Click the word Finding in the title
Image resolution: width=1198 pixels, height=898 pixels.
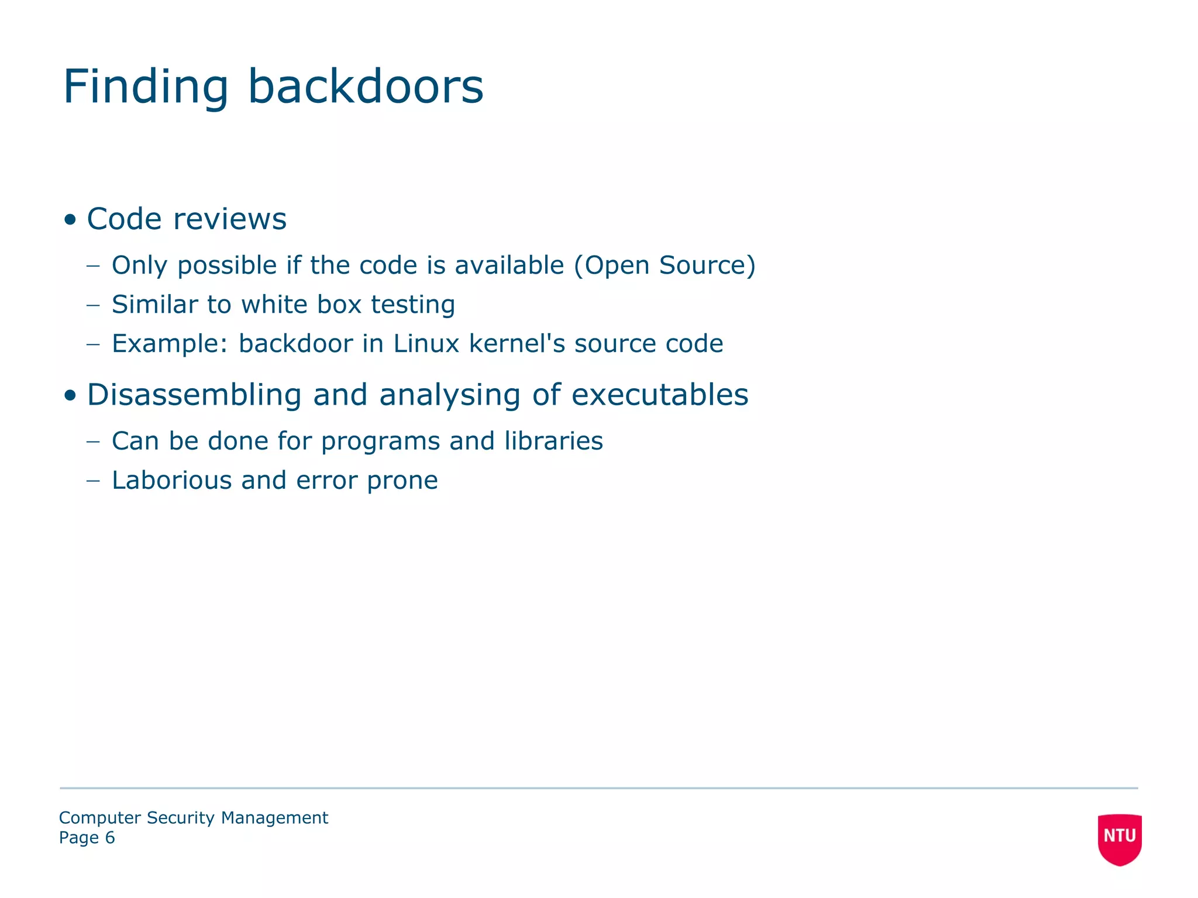tap(146, 87)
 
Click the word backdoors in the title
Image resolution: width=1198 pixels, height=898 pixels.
tap(366, 87)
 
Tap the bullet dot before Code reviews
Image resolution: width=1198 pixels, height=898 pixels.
tap(71, 220)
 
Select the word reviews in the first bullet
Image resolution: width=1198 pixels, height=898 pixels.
tap(230, 220)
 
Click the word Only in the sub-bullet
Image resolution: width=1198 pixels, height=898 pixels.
tap(139, 266)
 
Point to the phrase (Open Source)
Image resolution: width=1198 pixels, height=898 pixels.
tap(665, 266)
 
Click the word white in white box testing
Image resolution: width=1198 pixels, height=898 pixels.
tap(274, 305)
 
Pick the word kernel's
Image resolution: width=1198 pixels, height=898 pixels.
tap(518, 344)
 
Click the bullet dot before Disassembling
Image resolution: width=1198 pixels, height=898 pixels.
tap(71, 396)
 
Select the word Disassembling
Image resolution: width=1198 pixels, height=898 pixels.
tap(194, 395)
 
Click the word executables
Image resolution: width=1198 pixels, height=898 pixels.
tap(660, 395)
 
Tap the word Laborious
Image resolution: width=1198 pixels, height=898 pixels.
tap(172, 481)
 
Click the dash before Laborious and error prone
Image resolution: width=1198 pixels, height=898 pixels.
tap(93, 481)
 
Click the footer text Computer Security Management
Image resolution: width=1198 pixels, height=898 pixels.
tap(194, 817)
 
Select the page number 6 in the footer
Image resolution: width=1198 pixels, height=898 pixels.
tap(110, 838)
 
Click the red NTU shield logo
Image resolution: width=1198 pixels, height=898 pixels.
tap(1120, 838)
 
